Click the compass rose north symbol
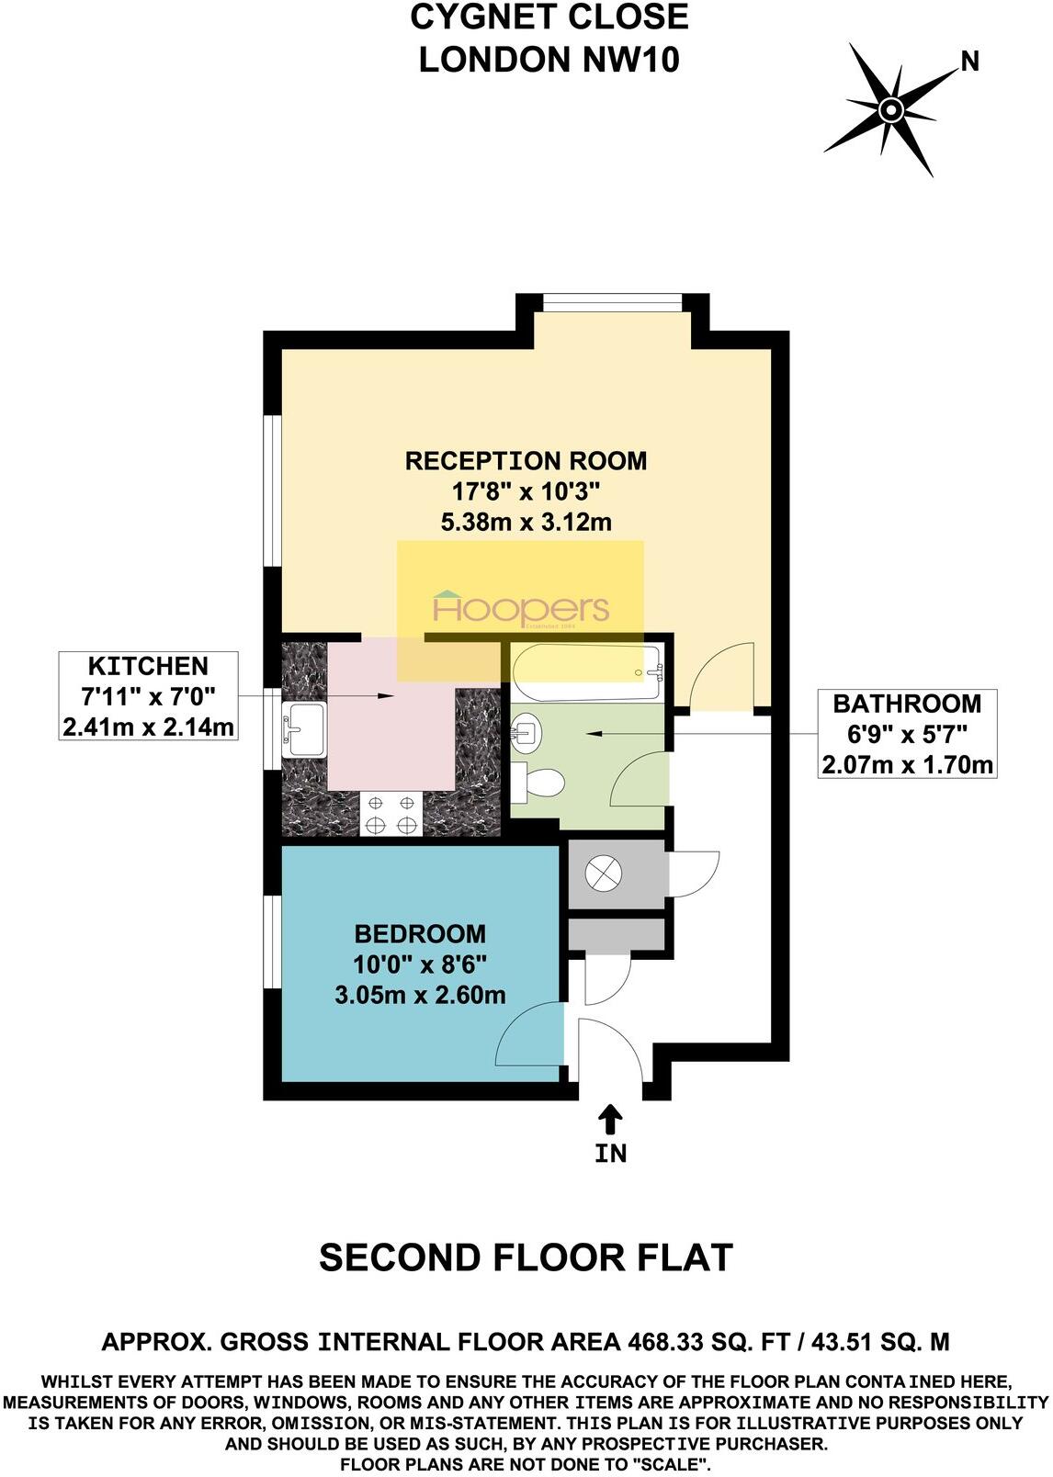(x=889, y=110)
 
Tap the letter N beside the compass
(x=969, y=62)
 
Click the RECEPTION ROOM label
(x=526, y=461)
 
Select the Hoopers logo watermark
(x=520, y=609)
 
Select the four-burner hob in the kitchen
(x=391, y=814)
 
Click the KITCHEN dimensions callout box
(x=148, y=697)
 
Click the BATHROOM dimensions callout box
(x=906, y=734)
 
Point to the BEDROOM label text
(x=420, y=934)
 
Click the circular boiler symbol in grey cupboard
(x=606, y=873)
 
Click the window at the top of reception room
(x=611, y=302)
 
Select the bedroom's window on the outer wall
(x=272, y=943)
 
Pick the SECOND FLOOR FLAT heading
(x=526, y=1257)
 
